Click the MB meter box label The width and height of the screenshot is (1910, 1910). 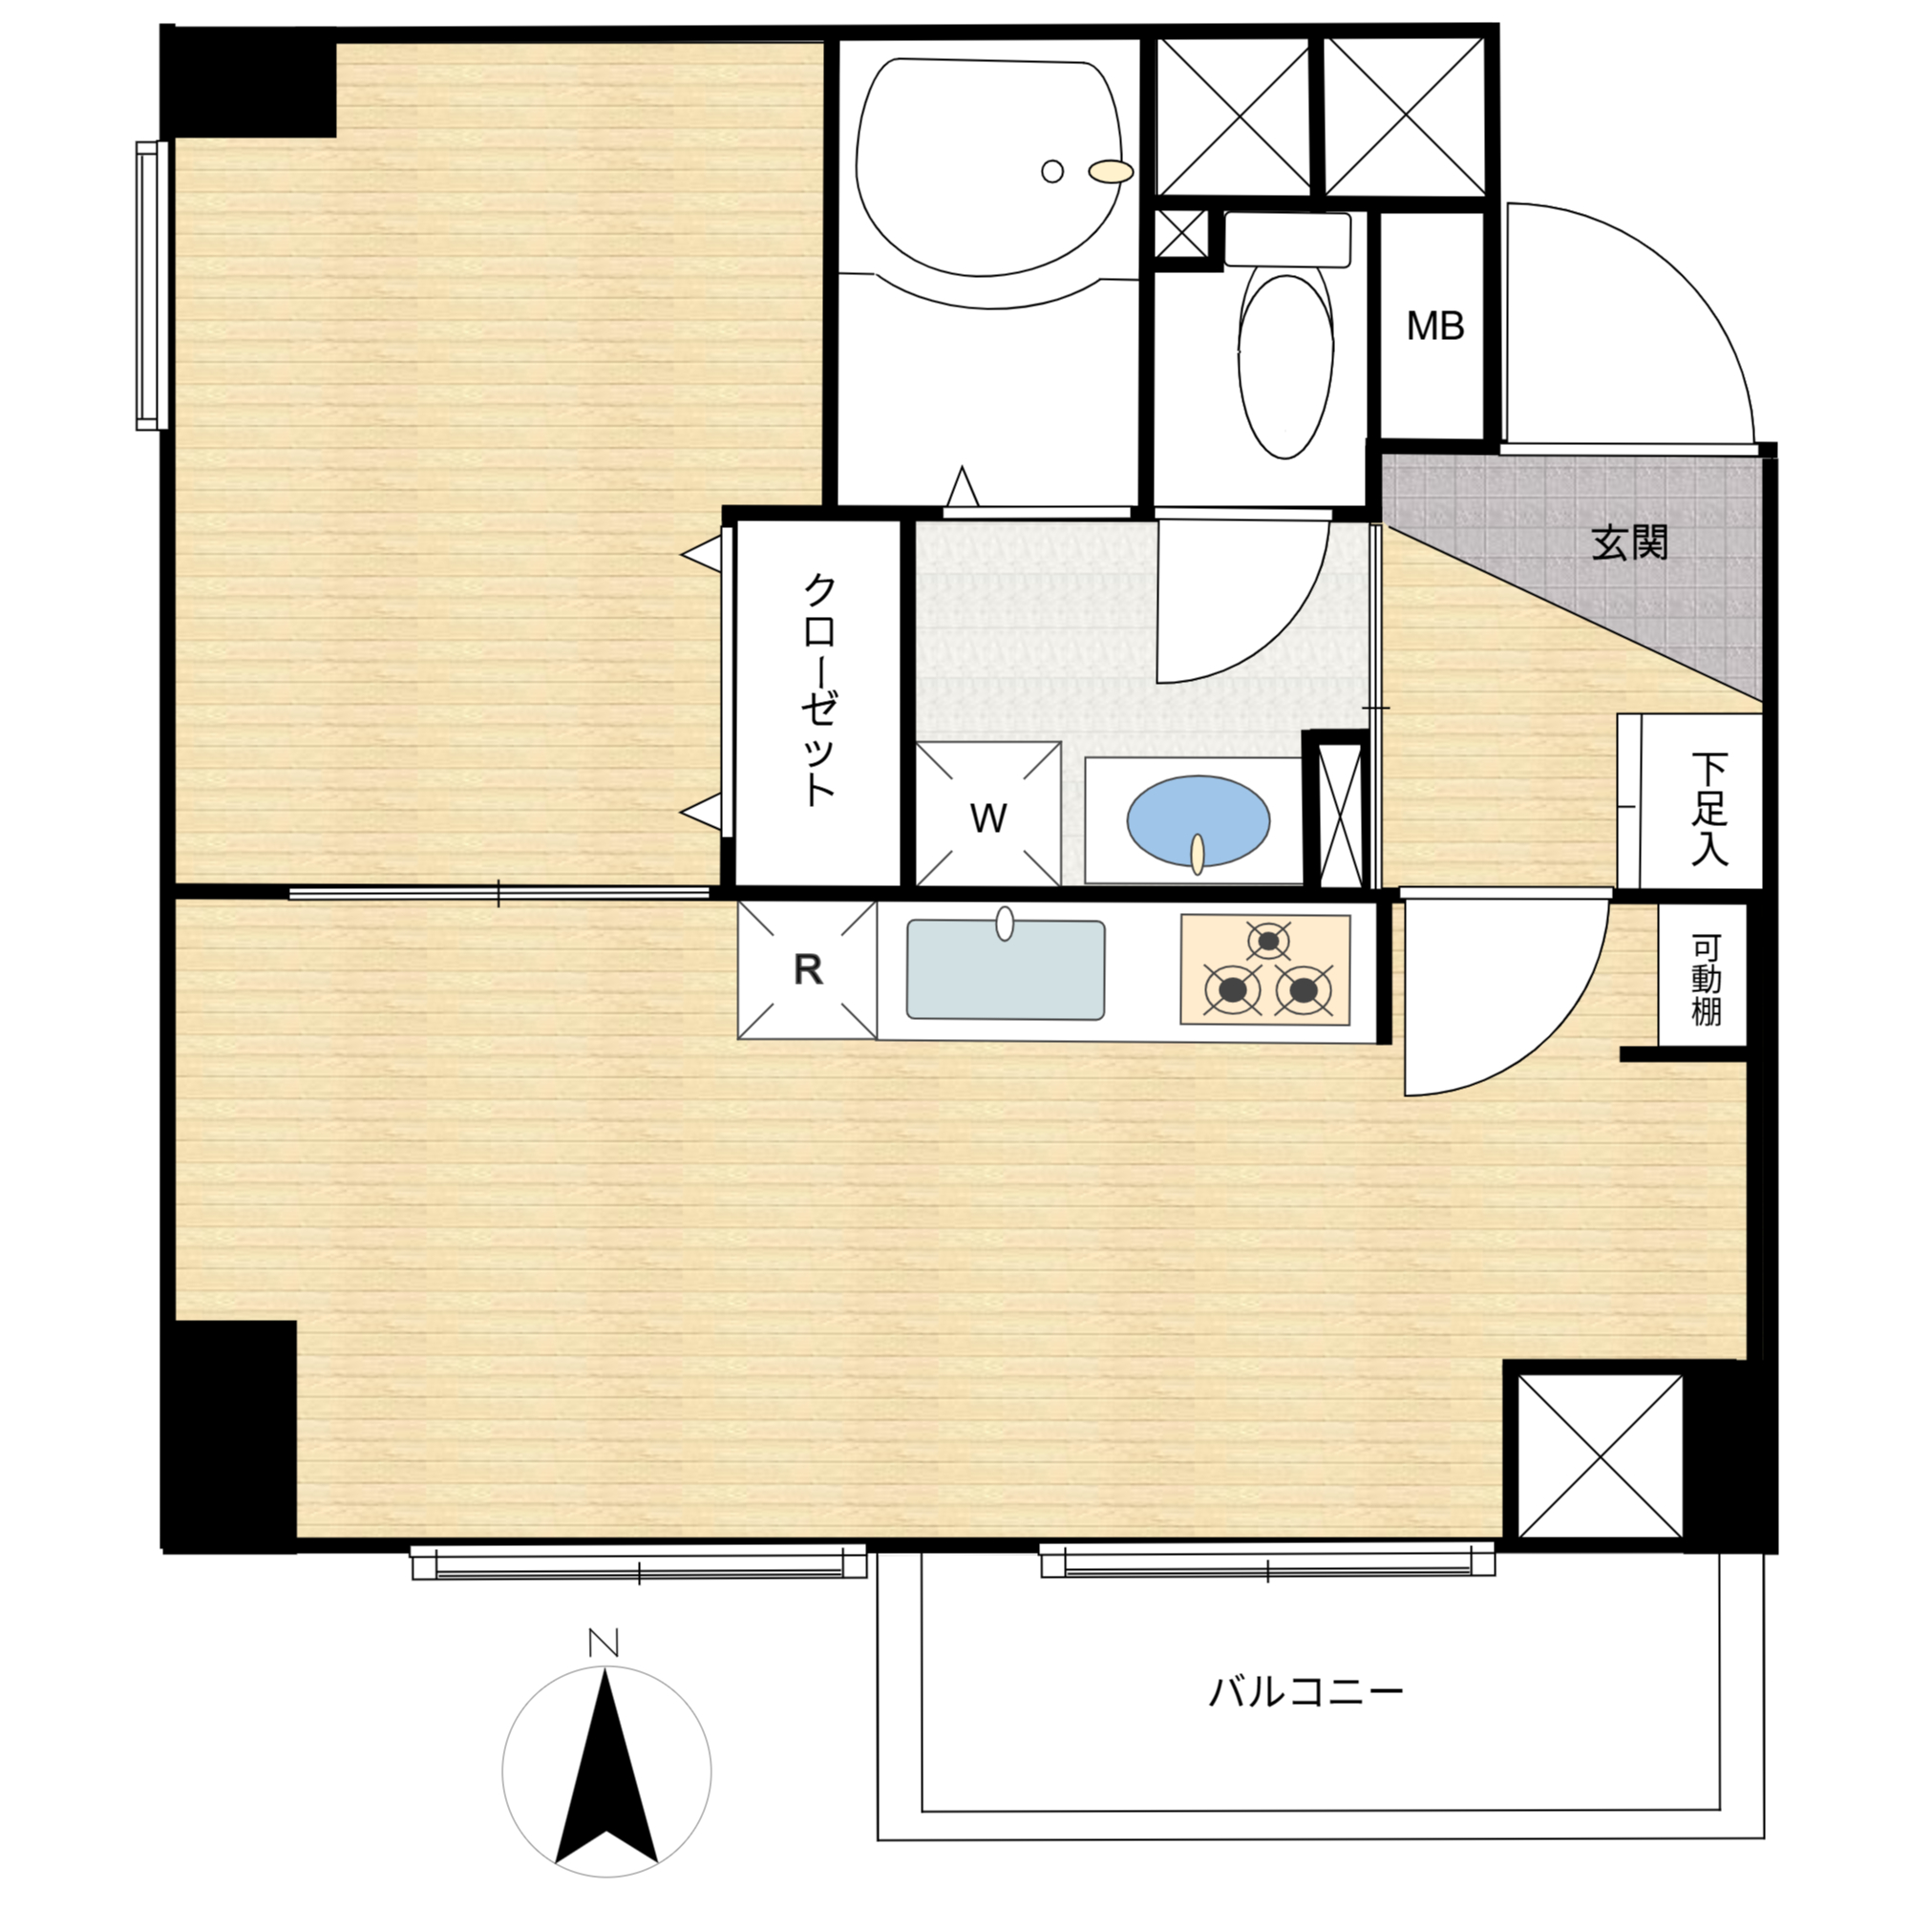[x=1434, y=326]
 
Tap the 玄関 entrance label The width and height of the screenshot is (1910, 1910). [x=1629, y=542]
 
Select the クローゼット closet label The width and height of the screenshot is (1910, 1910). [x=819, y=690]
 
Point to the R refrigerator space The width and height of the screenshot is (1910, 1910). [x=808, y=970]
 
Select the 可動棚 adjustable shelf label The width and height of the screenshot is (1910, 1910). [x=1707, y=980]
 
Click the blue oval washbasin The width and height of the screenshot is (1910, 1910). [x=1199, y=819]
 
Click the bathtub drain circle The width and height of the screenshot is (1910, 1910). [x=1051, y=171]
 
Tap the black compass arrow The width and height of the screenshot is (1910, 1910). [x=606, y=1779]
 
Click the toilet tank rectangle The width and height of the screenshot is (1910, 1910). [x=1287, y=240]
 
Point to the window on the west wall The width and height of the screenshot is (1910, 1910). [x=151, y=286]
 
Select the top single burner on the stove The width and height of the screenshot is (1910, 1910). [x=1267, y=939]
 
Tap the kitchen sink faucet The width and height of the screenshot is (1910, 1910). [x=1005, y=923]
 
